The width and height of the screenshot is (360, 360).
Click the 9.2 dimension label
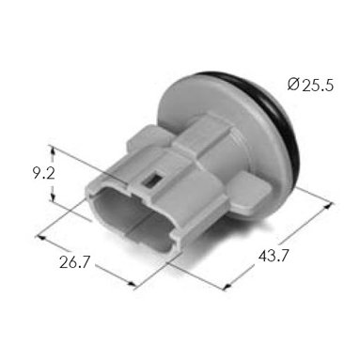(x=44, y=174)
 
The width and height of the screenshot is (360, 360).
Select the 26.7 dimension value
(x=74, y=262)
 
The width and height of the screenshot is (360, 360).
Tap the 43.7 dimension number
(x=273, y=256)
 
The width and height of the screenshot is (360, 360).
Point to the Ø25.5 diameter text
(x=310, y=85)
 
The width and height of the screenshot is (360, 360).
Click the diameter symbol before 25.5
(x=293, y=85)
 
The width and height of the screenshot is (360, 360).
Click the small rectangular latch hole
(x=151, y=181)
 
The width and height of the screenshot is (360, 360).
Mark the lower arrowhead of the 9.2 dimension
(x=53, y=196)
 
